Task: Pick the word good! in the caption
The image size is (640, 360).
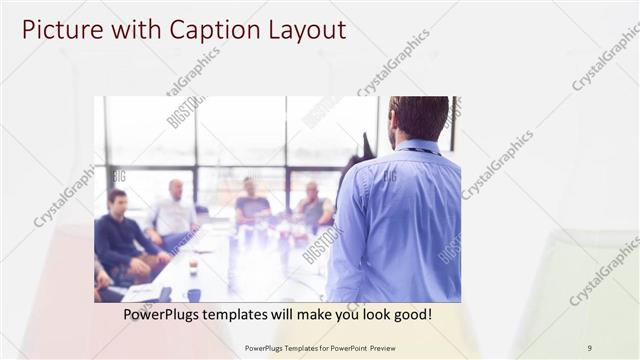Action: coord(411,315)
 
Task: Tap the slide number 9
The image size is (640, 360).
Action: coord(589,348)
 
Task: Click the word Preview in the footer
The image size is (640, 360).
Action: coord(378,348)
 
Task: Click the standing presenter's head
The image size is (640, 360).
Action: coord(418,118)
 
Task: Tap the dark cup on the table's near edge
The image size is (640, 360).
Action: coord(193,294)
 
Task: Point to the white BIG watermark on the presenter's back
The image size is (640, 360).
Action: coord(389,177)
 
